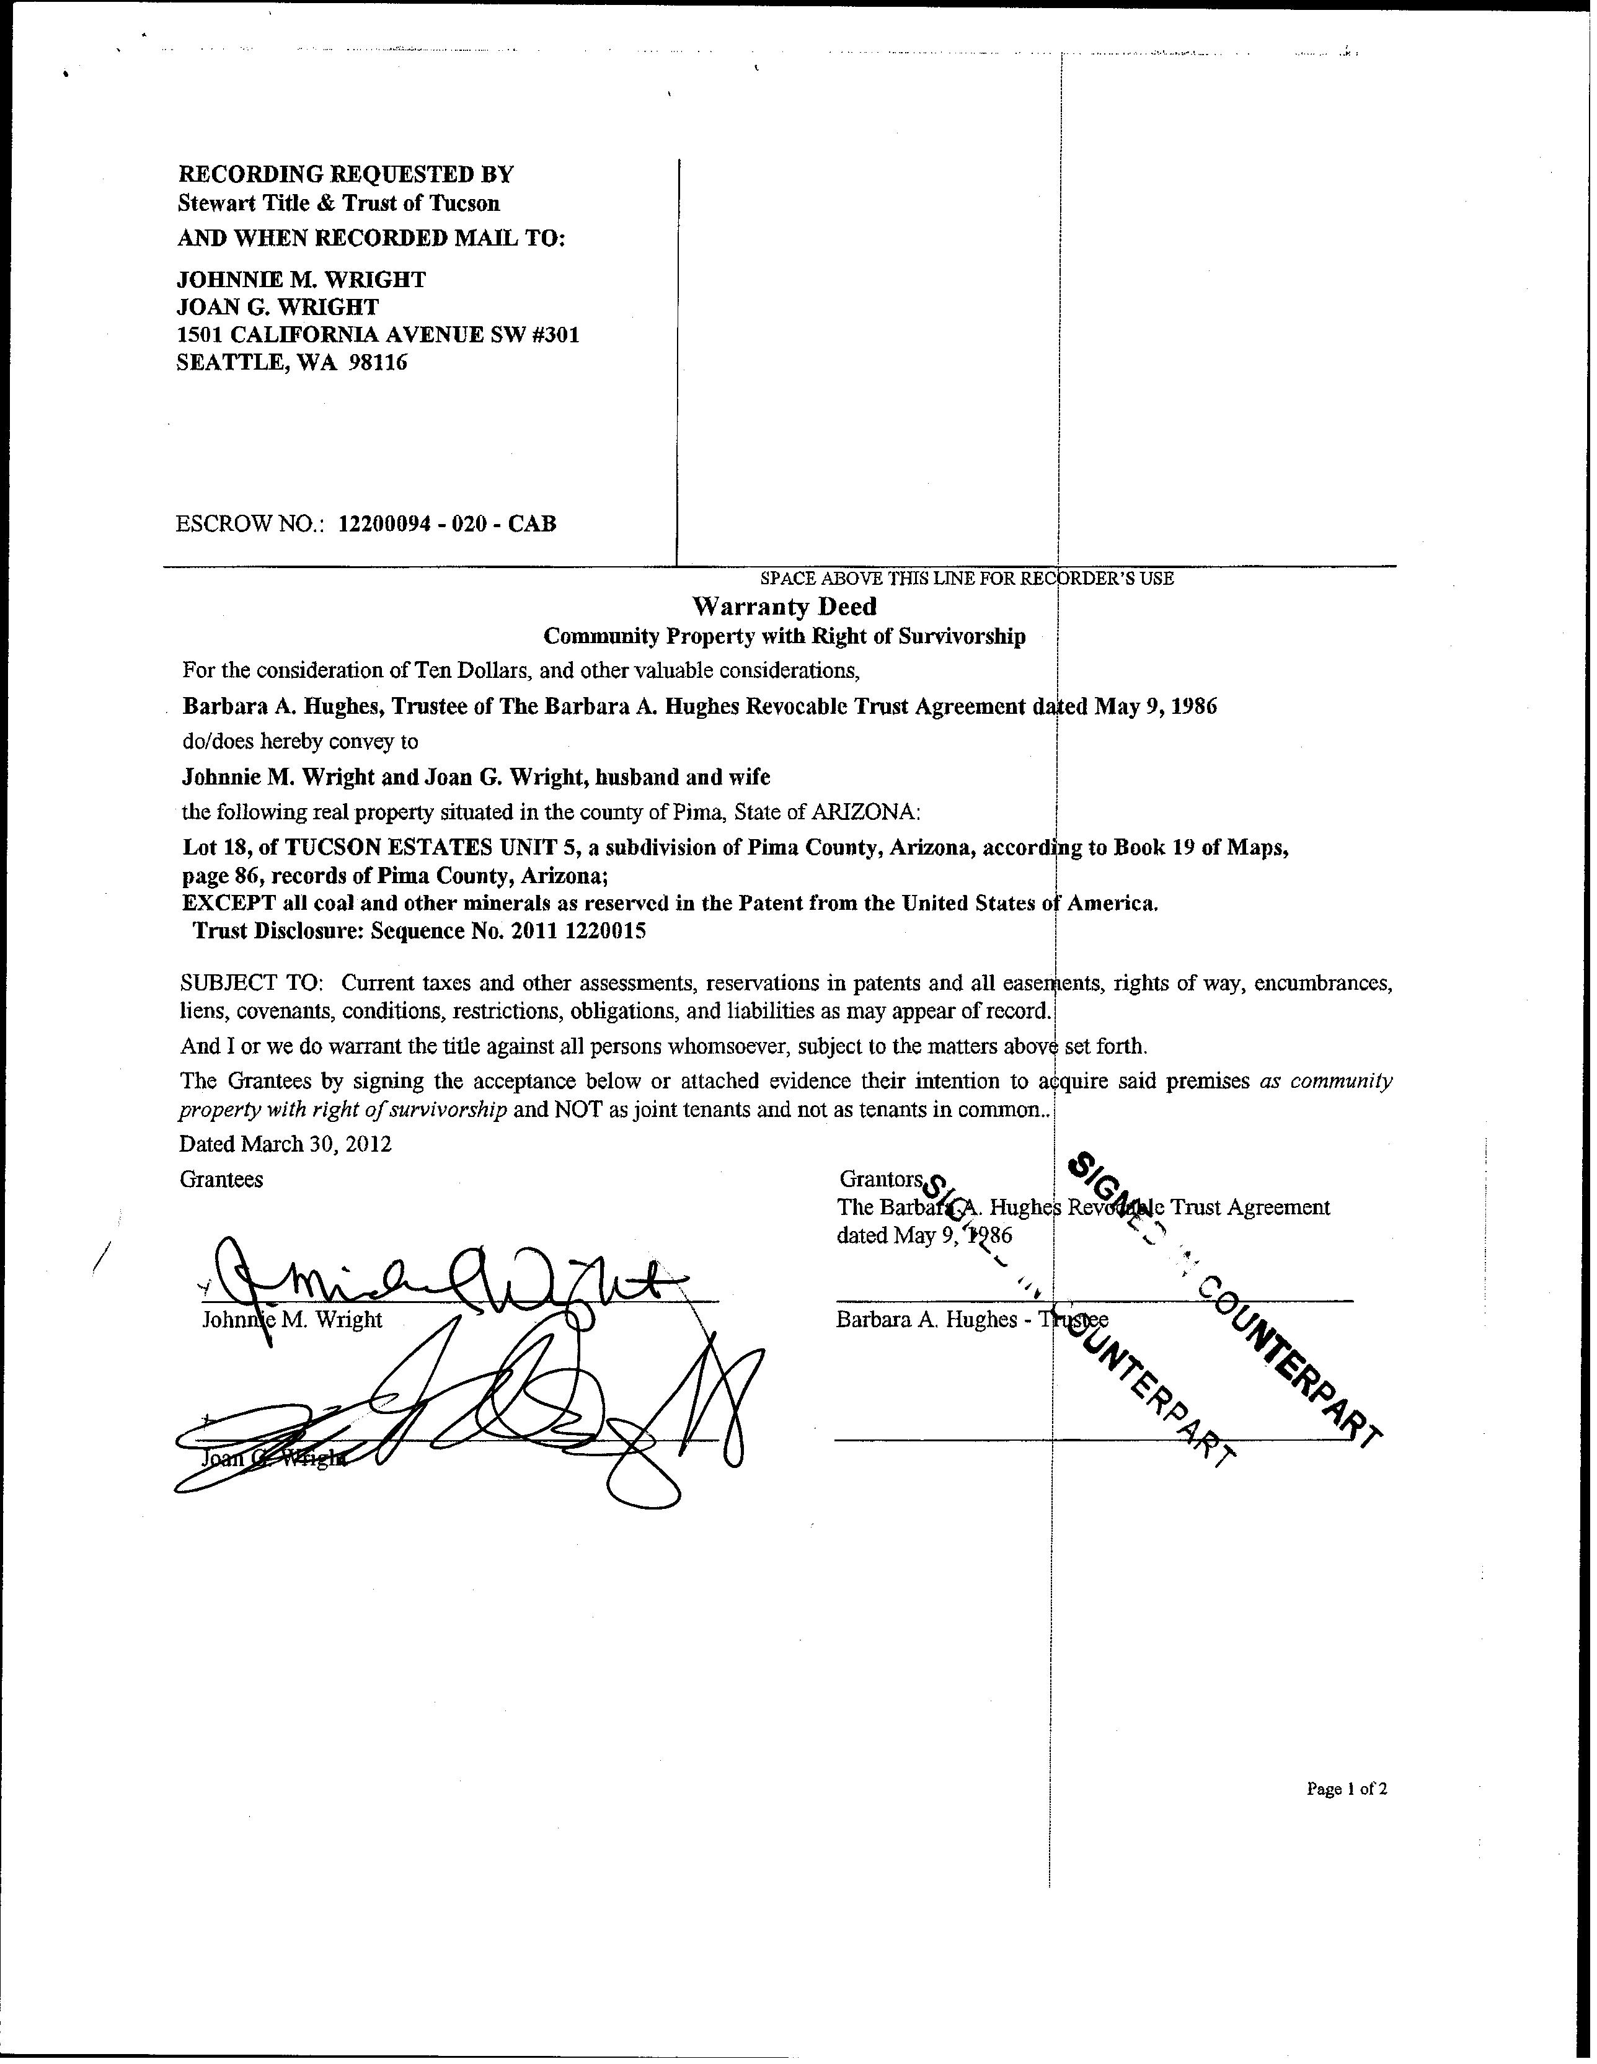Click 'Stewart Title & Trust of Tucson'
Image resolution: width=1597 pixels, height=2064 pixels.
pos(339,203)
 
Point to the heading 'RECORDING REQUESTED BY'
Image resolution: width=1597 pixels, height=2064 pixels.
pos(346,174)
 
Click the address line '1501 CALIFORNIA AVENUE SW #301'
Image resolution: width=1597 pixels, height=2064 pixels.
pos(378,334)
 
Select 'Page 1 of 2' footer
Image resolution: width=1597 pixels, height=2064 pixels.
pos(1347,1788)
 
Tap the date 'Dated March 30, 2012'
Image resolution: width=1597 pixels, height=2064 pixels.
pos(285,1144)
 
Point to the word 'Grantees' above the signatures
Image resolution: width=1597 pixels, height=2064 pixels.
pos(221,1180)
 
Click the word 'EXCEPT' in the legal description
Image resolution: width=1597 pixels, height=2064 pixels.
pos(228,902)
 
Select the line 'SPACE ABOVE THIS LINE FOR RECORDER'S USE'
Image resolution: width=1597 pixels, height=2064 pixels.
pos(967,579)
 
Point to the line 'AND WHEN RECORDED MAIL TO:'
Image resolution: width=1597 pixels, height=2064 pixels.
pos(371,238)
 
